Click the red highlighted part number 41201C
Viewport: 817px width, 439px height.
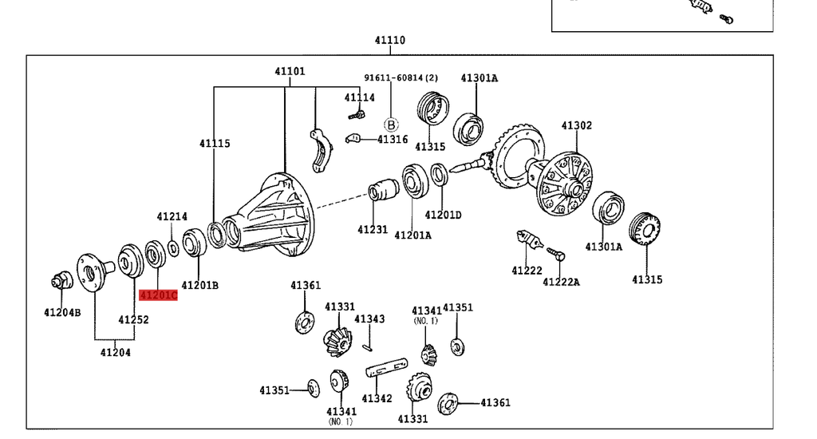(x=158, y=295)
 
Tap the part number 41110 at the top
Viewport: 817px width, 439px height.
(x=390, y=40)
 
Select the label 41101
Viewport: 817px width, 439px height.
(x=290, y=71)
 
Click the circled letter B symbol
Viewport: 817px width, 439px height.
(x=391, y=125)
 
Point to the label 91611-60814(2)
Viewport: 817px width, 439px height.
(x=401, y=77)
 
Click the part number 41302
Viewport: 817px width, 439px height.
(x=576, y=125)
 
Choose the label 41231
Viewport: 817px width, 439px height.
(x=373, y=230)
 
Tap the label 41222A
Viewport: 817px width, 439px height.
(x=561, y=281)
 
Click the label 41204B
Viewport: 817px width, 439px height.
(x=62, y=312)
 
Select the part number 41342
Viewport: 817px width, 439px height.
(x=377, y=398)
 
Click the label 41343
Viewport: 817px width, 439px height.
(x=369, y=319)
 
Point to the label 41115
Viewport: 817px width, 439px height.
(x=215, y=144)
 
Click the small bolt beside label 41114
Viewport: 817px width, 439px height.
(x=355, y=114)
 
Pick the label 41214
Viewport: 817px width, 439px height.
(x=172, y=216)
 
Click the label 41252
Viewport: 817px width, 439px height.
(x=133, y=319)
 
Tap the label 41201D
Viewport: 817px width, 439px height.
(x=443, y=214)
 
